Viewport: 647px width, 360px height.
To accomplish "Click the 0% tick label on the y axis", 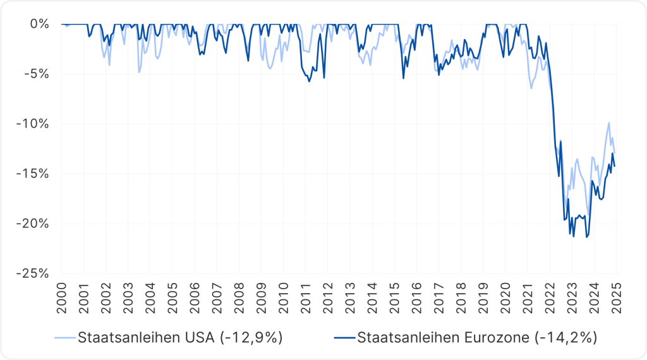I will (40, 24).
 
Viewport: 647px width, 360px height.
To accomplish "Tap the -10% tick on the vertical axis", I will (33, 124).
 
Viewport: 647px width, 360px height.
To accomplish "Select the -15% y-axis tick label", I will (33, 174).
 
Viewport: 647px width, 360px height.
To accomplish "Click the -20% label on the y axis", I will (33, 224).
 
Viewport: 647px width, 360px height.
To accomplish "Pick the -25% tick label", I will (33, 273).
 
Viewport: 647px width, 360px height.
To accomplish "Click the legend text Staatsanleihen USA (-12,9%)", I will (179, 337).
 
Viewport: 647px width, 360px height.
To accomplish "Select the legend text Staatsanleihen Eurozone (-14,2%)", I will (477, 337).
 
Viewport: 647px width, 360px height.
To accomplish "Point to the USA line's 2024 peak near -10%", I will (609, 123).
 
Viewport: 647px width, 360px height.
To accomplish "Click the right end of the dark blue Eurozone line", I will (615, 166).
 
